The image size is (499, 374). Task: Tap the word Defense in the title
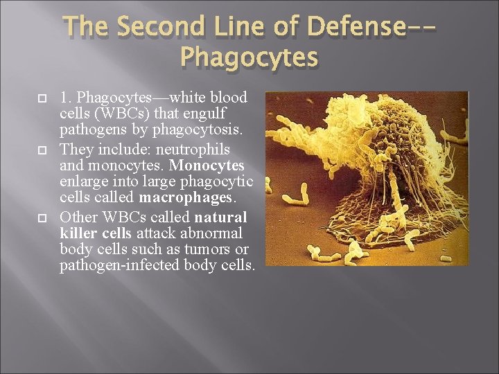353,27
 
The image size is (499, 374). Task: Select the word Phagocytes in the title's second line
249,56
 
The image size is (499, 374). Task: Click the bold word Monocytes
207,166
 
